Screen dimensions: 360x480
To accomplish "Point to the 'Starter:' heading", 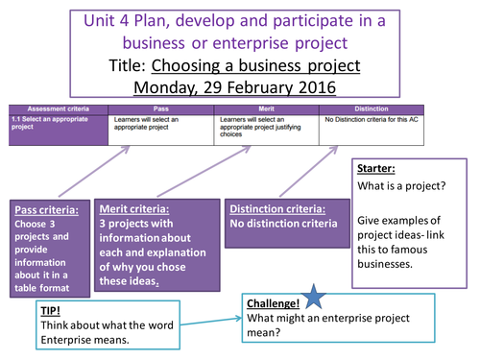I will [x=376, y=167].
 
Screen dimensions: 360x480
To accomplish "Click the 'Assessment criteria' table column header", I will [x=56, y=108].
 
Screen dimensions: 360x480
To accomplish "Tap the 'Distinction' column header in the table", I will [x=372, y=108].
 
